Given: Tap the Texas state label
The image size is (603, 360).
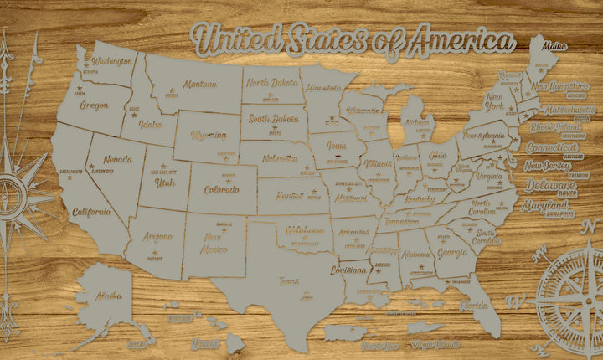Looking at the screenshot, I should point(289,281).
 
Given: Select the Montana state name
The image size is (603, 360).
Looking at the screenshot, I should point(200,85).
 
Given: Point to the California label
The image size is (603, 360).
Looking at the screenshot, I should point(92,212).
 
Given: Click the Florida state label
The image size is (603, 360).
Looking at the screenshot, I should point(474,306).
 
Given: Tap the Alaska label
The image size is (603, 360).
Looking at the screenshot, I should point(108,295).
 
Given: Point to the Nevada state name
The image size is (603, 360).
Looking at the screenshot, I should point(118,159).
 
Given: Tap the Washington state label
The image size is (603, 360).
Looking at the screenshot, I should point(114,61).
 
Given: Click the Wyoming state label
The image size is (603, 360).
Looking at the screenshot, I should point(209,135).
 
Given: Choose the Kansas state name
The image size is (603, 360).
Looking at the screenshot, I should point(290,195).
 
